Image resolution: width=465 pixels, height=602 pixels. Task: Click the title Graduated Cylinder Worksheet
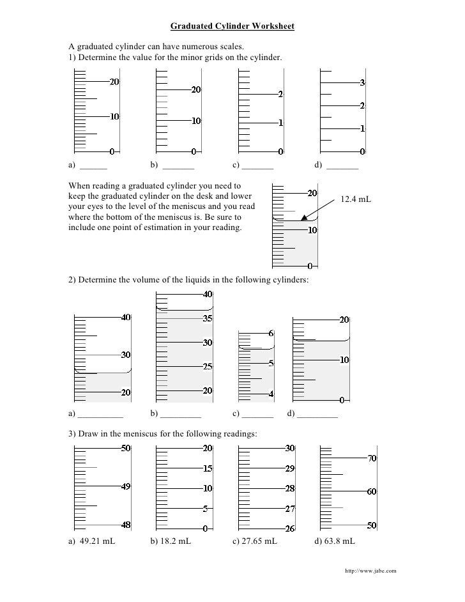232,26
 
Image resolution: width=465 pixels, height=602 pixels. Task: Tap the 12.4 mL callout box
356,200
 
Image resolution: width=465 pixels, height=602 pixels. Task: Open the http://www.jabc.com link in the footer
370,569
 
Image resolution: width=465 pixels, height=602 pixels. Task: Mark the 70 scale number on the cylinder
371,458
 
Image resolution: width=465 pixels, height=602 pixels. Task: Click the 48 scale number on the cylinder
126,525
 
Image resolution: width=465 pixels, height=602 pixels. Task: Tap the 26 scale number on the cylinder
289,529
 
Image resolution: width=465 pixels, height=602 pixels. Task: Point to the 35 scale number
208,318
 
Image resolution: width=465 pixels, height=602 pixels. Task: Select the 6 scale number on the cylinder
271,334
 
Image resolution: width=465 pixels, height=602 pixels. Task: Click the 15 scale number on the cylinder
208,468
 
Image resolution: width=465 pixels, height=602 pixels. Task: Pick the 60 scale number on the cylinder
371,491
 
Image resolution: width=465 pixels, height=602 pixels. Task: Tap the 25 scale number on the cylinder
208,367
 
